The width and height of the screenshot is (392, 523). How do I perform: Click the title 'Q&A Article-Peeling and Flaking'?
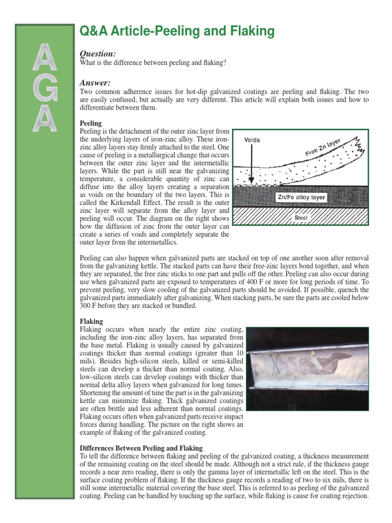click(177, 32)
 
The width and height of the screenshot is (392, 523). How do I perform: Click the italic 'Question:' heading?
click(98, 54)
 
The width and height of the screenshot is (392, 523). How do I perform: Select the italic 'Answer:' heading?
click(95, 83)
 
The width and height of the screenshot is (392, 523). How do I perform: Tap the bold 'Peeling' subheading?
click(91, 124)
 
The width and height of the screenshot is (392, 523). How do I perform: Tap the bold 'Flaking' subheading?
click(92, 321)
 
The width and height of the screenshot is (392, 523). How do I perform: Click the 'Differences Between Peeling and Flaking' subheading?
click(141, 448)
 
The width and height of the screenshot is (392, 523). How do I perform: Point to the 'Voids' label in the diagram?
click(252, 139)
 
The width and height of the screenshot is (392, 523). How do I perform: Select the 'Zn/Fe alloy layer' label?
click(301, 197)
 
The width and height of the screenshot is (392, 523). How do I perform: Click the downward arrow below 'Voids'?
click(251, 163)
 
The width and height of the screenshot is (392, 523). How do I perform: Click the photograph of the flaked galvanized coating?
click(307, 369)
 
